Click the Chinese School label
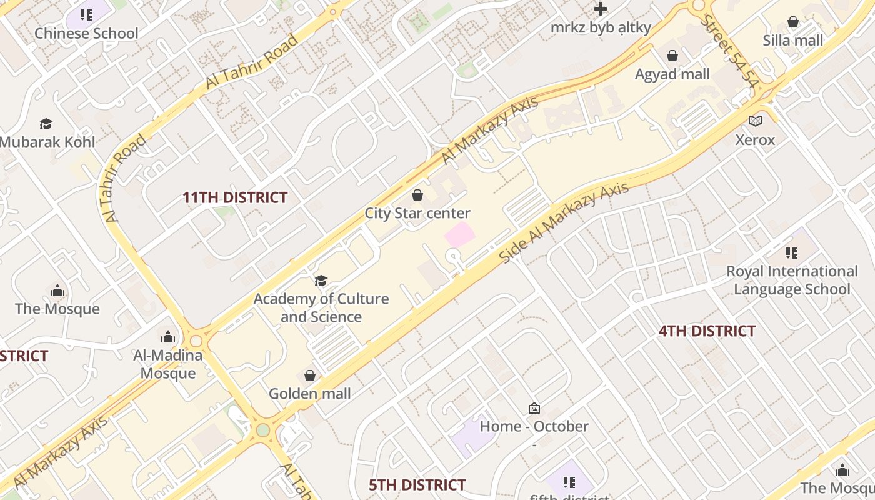[86, 33]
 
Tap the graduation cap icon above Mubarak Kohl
[46, 124]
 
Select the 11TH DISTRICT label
[235, 198]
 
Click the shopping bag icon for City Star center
[417, 195]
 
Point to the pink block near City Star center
[459, 235]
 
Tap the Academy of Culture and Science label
[321, 308]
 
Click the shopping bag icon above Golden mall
[309, 376]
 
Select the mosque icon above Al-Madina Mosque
[167, 337]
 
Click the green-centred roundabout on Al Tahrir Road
[263, 430]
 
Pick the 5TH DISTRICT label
[417, 485]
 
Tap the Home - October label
[534, 427]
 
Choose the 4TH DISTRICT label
[707, 331]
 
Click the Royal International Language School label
[792, 280]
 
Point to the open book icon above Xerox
[756, 121]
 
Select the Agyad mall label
[672, 74]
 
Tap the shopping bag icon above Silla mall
[793, 22]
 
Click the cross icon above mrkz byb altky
[601, 9]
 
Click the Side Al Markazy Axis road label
[564, 223]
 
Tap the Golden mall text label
[310, 394]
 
